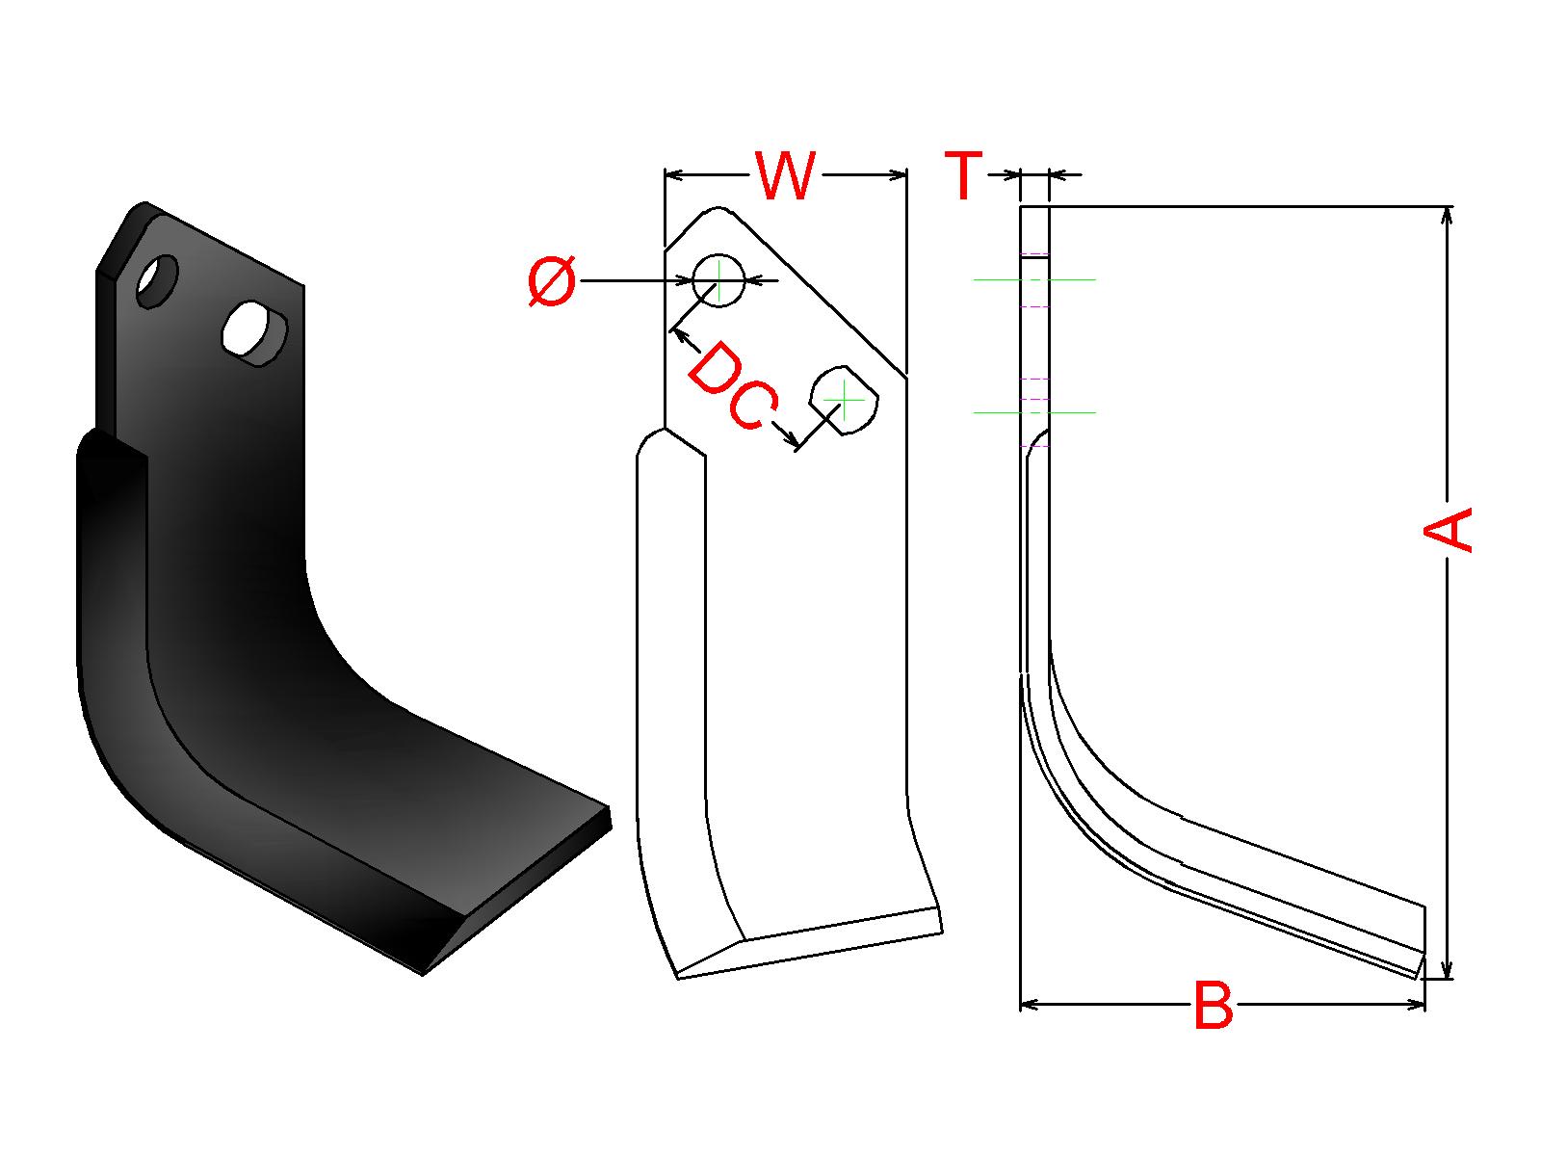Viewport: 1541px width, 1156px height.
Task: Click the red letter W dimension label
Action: click(786, 174)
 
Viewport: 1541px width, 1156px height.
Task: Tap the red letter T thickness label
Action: click(964, 174)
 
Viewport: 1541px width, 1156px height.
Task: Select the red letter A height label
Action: click(1448, 530)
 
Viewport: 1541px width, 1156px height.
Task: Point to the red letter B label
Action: click(1214, 1005)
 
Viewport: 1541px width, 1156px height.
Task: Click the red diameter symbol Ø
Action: click(552, 280)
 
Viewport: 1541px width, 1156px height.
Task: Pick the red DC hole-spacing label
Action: click(732, 386)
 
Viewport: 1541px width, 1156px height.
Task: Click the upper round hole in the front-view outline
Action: click(718, 280)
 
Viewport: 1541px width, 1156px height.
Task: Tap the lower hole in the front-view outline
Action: click(844, 400)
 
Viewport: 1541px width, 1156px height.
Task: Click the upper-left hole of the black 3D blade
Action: click(157, 280)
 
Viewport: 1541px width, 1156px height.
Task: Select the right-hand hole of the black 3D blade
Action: click(255, 332)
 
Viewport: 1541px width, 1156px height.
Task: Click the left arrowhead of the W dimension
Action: click(673, 174)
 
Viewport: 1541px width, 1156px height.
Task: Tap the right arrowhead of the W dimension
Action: click(899, 174)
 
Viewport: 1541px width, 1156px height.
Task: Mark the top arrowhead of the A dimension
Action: click(1447, 216)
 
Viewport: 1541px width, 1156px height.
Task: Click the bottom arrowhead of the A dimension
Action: click(1447, 969)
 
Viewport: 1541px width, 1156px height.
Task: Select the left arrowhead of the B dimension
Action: click(1030, 1005)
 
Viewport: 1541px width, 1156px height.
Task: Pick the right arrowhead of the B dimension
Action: click(1416, 1005)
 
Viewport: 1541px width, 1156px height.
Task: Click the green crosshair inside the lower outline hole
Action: click(844, 400)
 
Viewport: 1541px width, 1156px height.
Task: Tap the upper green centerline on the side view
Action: click(1034, 280)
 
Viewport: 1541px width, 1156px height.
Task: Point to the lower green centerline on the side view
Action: click(1034, 412)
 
